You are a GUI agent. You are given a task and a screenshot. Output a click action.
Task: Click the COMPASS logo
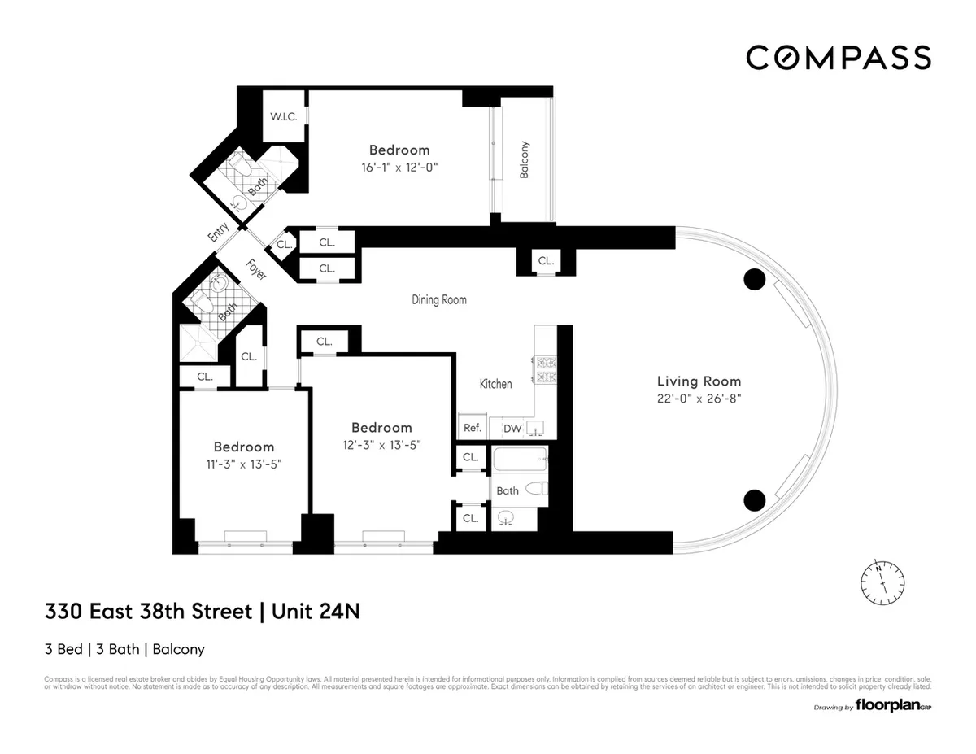(x=839, y=57)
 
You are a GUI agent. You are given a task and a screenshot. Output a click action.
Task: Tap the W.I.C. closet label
(x=284, y=117)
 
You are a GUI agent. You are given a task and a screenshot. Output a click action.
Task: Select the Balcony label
(x=525, y=159)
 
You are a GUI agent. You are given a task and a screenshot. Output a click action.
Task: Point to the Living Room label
(x=699, y=381)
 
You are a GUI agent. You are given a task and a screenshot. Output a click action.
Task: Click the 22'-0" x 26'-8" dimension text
(x=699, y=399)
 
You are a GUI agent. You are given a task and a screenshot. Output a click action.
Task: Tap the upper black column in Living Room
(x=755, y=280)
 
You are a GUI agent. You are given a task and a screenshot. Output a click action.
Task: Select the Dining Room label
(x=438, y=299)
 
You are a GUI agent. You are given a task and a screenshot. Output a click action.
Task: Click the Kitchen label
(x=495, y=383)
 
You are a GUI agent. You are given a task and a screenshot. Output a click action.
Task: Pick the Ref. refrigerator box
(x=472, y=428)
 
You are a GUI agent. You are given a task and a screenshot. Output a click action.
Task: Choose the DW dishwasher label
(x=512, y=429)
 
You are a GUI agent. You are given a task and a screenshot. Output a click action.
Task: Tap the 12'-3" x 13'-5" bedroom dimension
(x=381, y=445)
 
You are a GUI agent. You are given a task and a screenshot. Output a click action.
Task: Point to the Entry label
(x=218, y=233)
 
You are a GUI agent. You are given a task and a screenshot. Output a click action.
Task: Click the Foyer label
(x=257, y=269)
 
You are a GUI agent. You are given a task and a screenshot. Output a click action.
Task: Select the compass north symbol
(x=882, y=580)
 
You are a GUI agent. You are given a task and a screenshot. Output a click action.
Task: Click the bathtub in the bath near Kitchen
(x=521, y=460)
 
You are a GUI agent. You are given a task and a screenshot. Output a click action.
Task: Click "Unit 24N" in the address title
(x=314, y=611)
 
